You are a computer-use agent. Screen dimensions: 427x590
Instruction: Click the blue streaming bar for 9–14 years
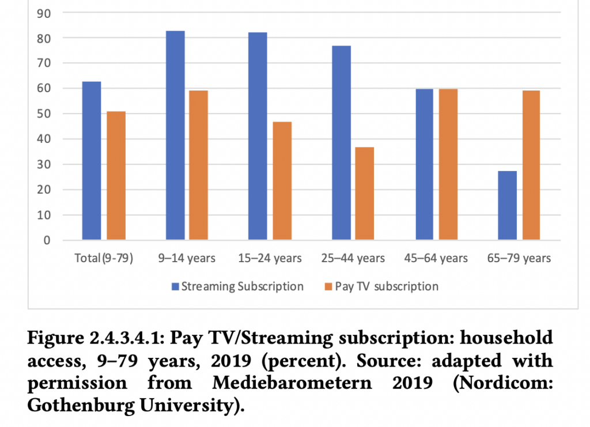pos(175,135)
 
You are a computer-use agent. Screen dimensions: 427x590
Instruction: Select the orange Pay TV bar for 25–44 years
pos(364,194)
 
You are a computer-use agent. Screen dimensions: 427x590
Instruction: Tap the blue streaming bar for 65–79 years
pos(507,205)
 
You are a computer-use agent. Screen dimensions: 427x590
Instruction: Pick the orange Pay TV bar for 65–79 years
pos(531,165)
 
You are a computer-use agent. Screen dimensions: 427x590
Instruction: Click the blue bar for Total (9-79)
pos(92,161)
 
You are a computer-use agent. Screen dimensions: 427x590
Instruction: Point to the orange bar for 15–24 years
pos(282,181)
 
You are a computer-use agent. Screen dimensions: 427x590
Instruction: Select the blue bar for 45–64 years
pos(424,165)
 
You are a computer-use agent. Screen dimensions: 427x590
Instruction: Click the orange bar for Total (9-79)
pos(116,176)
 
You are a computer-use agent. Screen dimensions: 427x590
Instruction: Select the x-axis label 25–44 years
pos(353,258)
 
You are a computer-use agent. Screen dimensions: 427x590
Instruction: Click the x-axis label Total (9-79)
pos(104,258)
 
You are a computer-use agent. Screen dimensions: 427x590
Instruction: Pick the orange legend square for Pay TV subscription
pos(329,286)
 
